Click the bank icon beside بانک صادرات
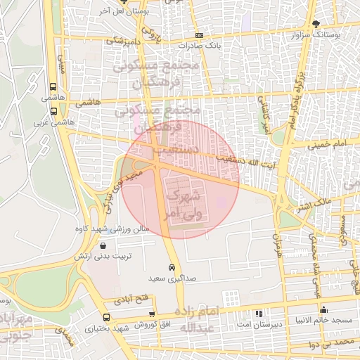[x=200, y=35]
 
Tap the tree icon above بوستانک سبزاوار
[x=316, y=23]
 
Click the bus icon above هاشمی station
[x=54, y=88]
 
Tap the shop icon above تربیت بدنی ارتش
[x=104, y=246]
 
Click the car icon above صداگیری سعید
[x=172, y=268]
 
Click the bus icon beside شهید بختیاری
[x=106, y=318]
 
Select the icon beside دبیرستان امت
[x=259, y=313]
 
